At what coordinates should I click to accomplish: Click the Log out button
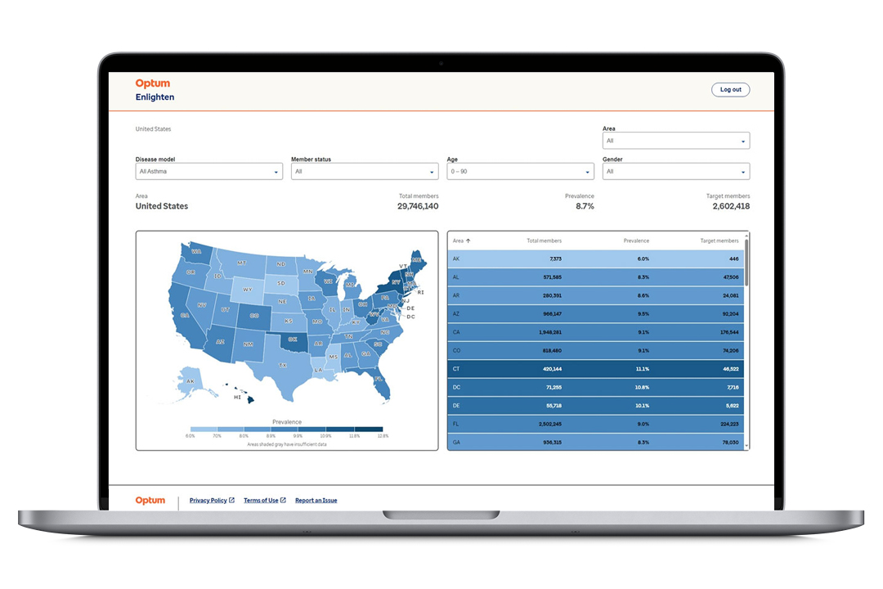[730, 90]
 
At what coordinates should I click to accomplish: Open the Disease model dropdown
[208, 172]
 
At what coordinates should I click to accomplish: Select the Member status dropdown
[365, 172]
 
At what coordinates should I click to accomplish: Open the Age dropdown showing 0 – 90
[520, 172]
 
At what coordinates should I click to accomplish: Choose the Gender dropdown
[675, 172]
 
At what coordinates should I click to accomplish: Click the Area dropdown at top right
[675, 141]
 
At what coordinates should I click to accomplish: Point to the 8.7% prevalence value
[585, 206]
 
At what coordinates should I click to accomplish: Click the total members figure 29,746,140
[419, 206]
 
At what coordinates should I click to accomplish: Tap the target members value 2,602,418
[730, 206]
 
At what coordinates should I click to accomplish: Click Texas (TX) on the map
[284, 365]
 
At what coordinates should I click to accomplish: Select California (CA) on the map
[185, 315]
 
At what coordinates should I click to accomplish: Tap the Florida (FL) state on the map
[379, 379]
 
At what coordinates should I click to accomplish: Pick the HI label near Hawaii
[237, 397]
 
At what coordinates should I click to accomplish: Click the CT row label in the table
[456, 369]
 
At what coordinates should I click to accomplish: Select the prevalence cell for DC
[642, 387]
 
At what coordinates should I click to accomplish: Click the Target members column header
[719, 241]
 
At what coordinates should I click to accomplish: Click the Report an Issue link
[316, 501]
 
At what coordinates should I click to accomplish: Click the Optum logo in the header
[153, 83]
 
